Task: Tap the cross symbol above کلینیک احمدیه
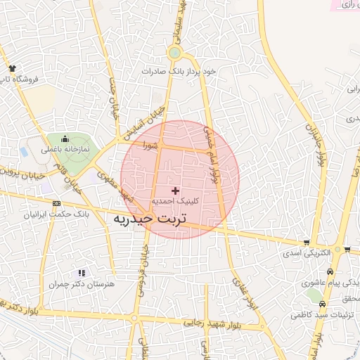(175, 191)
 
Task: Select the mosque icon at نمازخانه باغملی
(65, 139)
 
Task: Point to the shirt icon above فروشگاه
(12, 68)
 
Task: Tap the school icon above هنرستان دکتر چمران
(82, 273)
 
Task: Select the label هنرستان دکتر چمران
(82, 284)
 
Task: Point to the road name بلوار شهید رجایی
(213, 323)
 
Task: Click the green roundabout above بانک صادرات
(174, 53)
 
